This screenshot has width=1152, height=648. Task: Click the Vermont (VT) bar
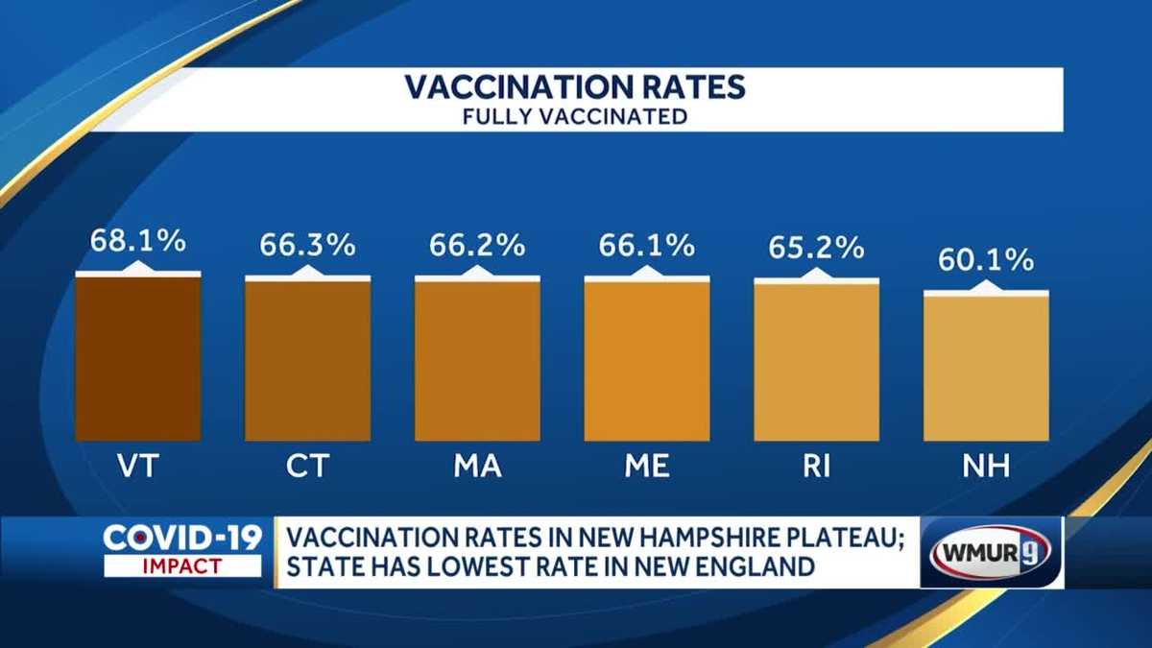(x=137, y=357)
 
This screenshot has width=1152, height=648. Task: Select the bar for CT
(x=307, y=359)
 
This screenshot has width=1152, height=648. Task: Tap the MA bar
(x=477, y=359)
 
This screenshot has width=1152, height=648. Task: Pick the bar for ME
(x=647, y=359)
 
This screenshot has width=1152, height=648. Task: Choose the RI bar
(x=816, y=361)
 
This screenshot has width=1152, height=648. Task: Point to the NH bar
(x=986, y=367)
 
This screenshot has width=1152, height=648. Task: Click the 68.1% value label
(x=137, y=241)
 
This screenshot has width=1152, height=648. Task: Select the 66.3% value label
(x=307, y=245)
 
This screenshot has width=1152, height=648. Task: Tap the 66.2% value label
(x=477, y=245)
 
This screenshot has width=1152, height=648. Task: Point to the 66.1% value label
(x=647, y=245)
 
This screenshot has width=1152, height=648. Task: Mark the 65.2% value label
(x=816, y=248)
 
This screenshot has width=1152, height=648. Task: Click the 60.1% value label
(x=986, y=259)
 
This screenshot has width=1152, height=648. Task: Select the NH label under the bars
(x=986, y=467)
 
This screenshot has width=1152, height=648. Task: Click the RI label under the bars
(x=816, y=467)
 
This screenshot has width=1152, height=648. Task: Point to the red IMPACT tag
(x=182, y=566)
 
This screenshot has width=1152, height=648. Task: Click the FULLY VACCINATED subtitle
(x=575, y=117)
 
